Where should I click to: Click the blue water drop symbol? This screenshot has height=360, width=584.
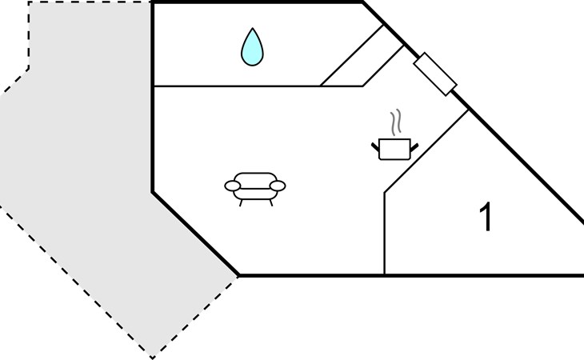pos(252,48)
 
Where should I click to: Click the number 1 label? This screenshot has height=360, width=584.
pos(486,217)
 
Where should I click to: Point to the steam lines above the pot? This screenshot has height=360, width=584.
pos(396,122)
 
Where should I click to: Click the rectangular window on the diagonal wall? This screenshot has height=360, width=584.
pos(435,74)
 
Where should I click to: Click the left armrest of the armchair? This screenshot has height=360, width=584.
pos(233,186)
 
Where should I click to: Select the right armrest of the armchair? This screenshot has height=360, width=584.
pos(278,186)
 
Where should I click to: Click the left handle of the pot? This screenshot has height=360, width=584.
pos(375,146)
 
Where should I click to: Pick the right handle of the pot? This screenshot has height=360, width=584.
pos(414,147)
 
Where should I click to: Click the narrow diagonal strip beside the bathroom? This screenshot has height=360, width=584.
pos(362,55)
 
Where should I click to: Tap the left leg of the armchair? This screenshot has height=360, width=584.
pos(241,203)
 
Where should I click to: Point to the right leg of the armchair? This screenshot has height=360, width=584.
pos(270,203)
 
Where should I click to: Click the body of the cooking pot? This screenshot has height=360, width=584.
pos(394,150)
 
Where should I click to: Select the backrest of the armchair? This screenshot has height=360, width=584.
pos(255,178)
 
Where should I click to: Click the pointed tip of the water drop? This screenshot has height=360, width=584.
pos(253,28)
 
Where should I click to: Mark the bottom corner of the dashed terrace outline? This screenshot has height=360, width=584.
pos(152,358)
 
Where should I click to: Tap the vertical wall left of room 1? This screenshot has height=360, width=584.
pos(384,234)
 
